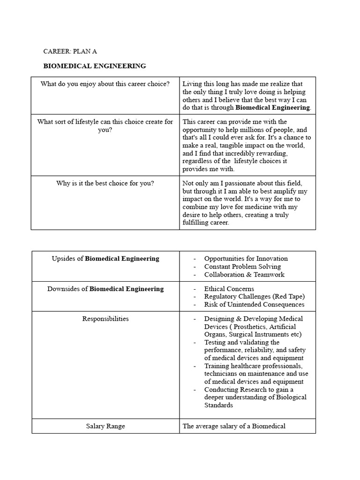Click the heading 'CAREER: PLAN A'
(70, 52)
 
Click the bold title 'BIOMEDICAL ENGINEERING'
(95, 66)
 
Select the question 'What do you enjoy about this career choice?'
(105, 84)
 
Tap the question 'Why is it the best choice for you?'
(105, 183)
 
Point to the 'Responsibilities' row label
(105, 319)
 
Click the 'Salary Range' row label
(105, 426)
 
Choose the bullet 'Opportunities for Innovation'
(246, 258)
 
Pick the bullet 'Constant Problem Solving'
(242, 266)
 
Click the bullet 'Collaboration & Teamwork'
(244, 274)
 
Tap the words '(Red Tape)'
(288, 296)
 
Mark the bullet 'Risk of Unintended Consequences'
(254, 304)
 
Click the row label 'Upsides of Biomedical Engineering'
(105, 258)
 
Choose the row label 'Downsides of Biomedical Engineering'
(105, 289)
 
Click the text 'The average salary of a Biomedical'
(234, 426)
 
